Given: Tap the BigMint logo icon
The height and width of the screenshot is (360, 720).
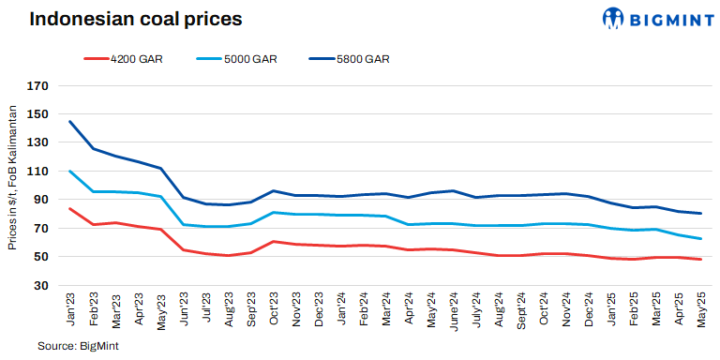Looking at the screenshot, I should pos(614,18).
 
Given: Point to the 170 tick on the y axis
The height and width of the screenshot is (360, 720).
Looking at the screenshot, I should pos(37,86).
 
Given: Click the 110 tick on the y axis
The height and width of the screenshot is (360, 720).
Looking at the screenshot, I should pos(37,172).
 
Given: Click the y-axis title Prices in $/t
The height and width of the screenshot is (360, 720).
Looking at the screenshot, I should pos(12,178).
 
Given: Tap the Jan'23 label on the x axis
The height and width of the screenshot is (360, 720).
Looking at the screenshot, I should pos(70,308).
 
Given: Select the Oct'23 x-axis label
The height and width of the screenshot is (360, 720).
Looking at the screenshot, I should pos(273,308).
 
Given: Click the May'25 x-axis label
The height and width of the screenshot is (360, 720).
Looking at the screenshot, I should pos(700,308).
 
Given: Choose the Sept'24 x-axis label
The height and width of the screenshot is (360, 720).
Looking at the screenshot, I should pos(520,310).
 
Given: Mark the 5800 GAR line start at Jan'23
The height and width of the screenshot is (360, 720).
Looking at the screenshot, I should pos(70,121).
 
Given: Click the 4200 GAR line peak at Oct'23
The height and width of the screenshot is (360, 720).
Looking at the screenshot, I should pos(273,241).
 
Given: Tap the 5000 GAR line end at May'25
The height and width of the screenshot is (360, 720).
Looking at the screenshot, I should pos(700,239).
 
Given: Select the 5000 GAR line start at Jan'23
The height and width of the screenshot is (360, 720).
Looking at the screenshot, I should pos(70,172).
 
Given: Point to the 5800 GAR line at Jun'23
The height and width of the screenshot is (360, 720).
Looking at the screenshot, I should pos(183,198).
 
